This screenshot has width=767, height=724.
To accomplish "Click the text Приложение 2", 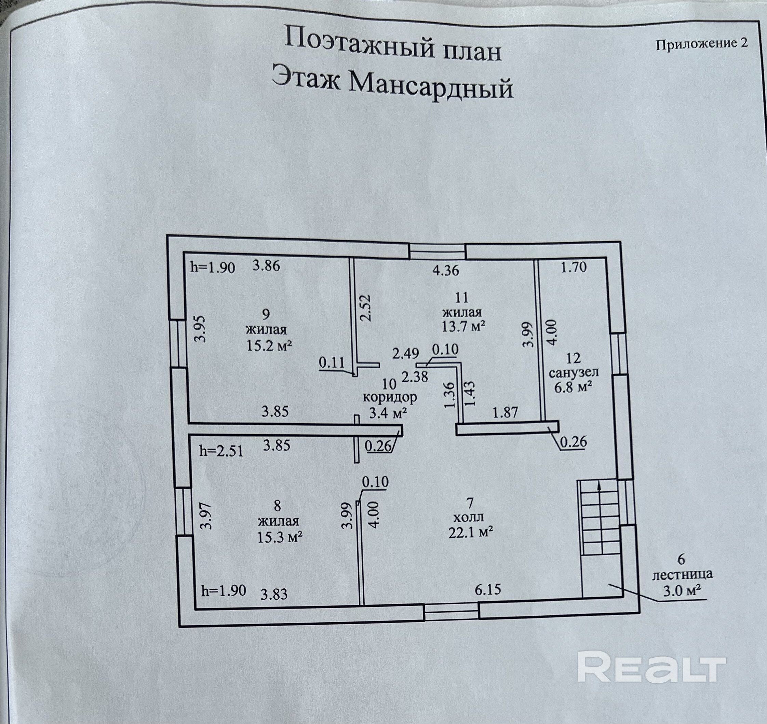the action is click(702, 44).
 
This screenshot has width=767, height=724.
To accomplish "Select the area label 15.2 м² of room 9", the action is click(269, 346).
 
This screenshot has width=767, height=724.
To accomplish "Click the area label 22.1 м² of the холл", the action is click(471, 533).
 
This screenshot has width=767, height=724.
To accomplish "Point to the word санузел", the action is click(574, 373).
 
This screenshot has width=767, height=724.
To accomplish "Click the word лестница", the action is click(683, 575).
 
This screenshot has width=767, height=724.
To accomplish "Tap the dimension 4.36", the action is click(446, 270).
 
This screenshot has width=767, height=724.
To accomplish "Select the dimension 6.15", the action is click(488, 590).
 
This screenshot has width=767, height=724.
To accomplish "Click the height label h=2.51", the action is click(221, 451).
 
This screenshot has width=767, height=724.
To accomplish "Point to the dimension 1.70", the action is click(574, 267).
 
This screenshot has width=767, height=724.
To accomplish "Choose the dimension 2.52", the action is click(365, 308).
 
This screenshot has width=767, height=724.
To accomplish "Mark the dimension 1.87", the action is click(505, 412).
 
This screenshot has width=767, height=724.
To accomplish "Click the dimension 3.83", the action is click(274, 594).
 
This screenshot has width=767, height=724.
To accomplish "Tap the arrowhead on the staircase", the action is click(599, 485).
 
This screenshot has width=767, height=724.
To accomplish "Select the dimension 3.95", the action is click(200, 329).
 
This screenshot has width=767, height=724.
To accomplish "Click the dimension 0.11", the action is click(332, 363).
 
